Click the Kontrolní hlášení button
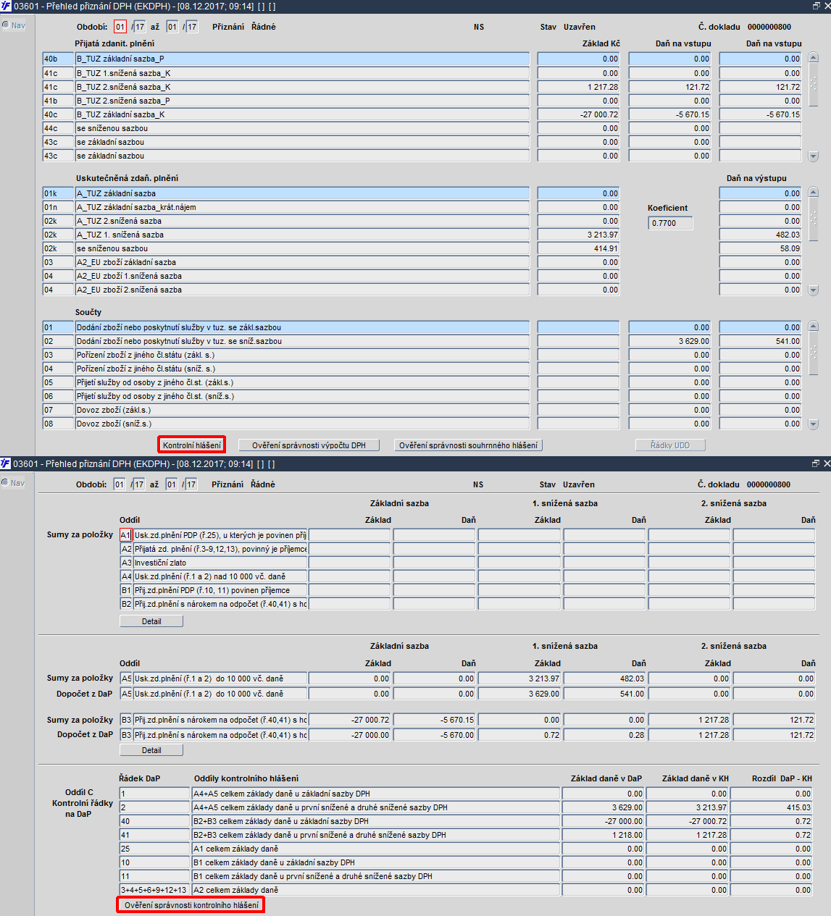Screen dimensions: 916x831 tap(191, 445)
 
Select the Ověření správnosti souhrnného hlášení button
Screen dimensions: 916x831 tap(468, 445)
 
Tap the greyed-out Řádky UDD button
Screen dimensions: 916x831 tap(670, 445)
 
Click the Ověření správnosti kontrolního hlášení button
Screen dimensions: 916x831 tap(191, 905)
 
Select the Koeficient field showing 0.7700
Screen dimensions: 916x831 tap(670, 223)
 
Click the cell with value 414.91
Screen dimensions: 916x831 tap(578, 248)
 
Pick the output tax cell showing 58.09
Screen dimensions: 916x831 tap(760, 248)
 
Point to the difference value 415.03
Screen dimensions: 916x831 tap(772, 807)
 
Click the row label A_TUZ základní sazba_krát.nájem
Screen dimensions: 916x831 tap(301, 207)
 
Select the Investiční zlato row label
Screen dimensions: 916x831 tap(220, 563)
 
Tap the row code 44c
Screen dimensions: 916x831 tap(58, 128)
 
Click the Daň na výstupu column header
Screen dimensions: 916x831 tap(756, 178)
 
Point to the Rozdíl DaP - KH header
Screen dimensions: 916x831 tap(781, 778)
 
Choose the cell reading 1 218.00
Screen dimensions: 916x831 tap(603, 835)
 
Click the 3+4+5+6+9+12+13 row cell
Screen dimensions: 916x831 tap(154, 890)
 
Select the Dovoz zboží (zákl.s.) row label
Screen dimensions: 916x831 tap(301, 410)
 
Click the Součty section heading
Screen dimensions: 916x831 tap(88, 312)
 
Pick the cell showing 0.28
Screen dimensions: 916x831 tap(604, 735)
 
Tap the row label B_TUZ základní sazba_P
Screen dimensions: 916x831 tap(301, 59)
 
